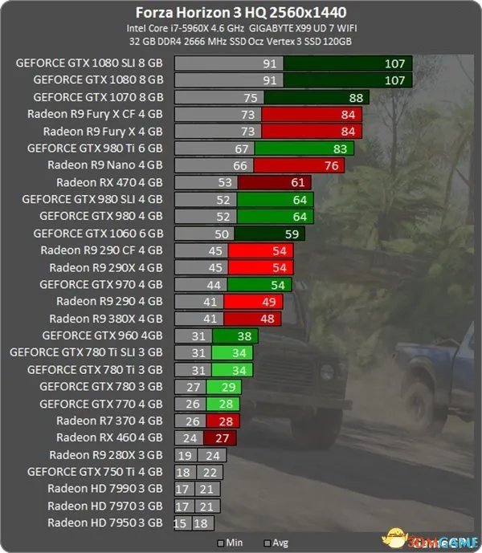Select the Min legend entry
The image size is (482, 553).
pos(228,543)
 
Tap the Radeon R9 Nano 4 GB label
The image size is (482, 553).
pos(105,165)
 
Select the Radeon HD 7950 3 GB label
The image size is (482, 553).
pos(105,523)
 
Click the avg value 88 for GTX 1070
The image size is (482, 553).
pos(356,97)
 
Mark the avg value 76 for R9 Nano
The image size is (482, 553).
pos(331,165)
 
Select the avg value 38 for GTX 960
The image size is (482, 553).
pos(245,335)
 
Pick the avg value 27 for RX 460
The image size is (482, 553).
pos(222,437)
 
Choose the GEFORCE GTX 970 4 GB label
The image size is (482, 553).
pos(101,284)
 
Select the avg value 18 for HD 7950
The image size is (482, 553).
pos(200,523)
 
